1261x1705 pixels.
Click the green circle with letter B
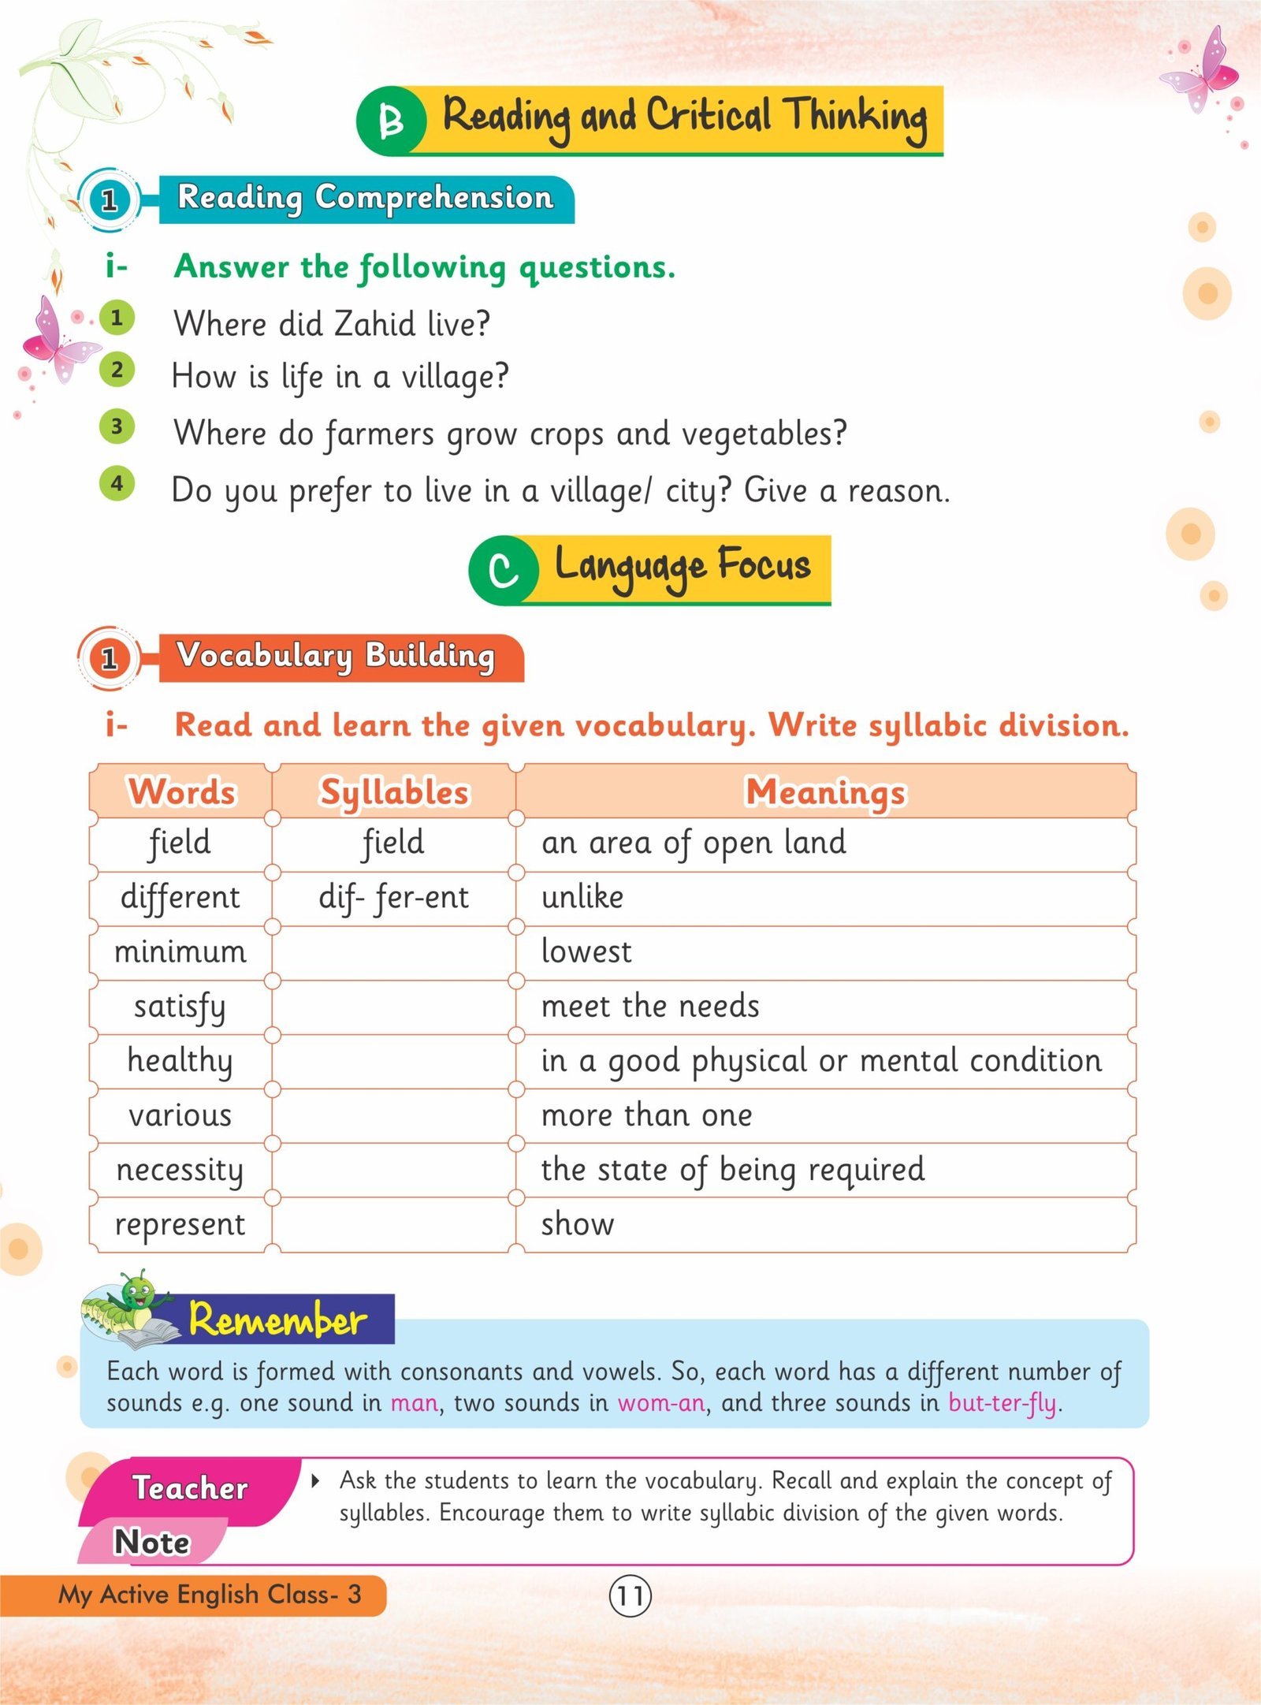[x=392, y=121]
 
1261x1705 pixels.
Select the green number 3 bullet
[x=117, y=426]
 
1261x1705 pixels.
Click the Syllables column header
[x=394, y=791]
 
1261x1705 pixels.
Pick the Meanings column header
[x=825, y=791]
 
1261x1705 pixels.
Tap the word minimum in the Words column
[x=180, y=952]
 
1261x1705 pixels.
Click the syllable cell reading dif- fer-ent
[x=393, y=898]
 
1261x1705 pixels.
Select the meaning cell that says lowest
[x=586, y=952]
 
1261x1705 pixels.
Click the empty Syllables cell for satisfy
[x=393, y=1007]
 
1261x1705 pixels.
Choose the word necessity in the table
[x=180, y=1171]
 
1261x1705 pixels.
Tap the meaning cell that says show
[x=578, y=1224]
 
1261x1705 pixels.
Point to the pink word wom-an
[x=660, y=1402]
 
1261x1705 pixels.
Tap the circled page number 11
[x=630, y=1595]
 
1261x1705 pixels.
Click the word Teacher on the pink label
[x=190, y=1487]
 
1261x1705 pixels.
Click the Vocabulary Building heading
[x=337, y=656]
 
